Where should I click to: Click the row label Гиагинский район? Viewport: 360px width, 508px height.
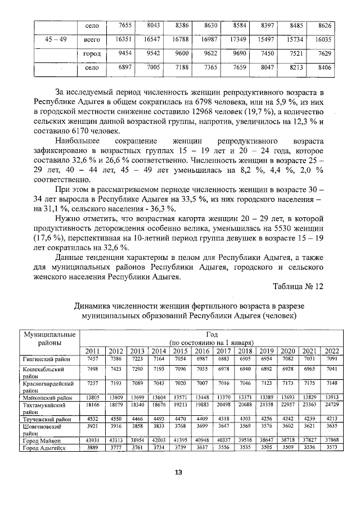(x=46, y=358)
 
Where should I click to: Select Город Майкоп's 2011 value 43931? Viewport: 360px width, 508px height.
(x=94, y=439)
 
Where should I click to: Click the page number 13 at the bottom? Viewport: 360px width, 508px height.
(x=178, y=472)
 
